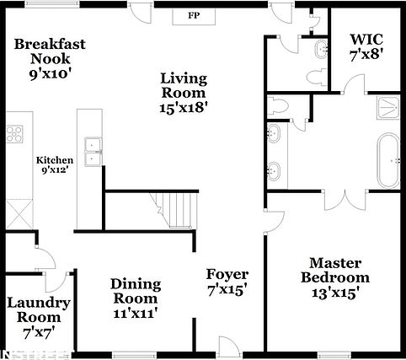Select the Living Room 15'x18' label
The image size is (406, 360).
click(184, 92)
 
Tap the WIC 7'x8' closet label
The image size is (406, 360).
click(366, 46)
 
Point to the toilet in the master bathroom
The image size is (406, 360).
click(279, 105)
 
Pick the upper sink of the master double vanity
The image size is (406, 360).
click(275, 133)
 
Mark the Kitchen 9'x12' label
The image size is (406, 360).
click(54, 164)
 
